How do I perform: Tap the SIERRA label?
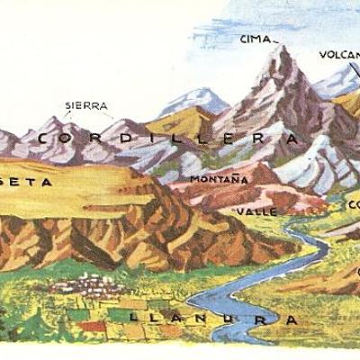coord(85,105)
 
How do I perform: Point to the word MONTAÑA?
coord(219,180)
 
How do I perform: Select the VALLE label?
coord(249,211)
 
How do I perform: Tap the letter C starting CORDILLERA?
coord(47,139)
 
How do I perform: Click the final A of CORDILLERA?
coord(291,139)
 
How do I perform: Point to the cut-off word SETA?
coord(27,181)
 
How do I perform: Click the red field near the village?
coord(89,325)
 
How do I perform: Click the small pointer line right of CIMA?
coord(275,40)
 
